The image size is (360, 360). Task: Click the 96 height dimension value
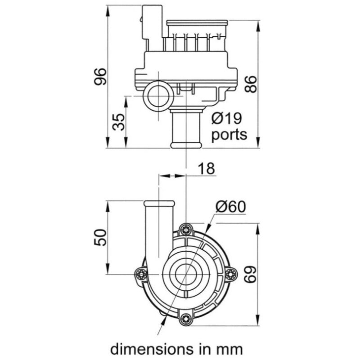point(101,76)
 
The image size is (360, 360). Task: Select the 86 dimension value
point(250,84)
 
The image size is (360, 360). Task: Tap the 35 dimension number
point(119,122)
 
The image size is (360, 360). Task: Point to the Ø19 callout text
point(227,118)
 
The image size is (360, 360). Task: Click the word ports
point(229,134)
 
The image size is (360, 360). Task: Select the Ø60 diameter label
point(230,207)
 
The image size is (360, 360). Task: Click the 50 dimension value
point(100,238)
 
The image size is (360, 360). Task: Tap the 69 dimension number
point(250,274)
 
